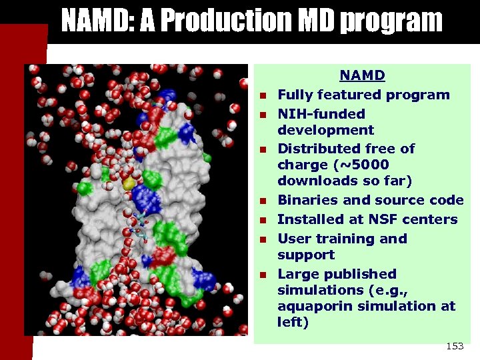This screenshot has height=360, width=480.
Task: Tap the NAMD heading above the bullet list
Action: [x=363, y=76]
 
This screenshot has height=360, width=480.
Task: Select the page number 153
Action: [x=454, y=346]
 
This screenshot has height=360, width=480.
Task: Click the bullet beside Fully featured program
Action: [x=263, y=96]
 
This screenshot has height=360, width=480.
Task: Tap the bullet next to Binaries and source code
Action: [x=263, y=201]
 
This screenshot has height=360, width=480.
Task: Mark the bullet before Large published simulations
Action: [x=263, y=275]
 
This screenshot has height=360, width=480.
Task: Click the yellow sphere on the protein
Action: [x=129, y=183]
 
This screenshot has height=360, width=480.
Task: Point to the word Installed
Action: [x=305, y=219]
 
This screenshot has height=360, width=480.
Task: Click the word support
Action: [x=306, y=255]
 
